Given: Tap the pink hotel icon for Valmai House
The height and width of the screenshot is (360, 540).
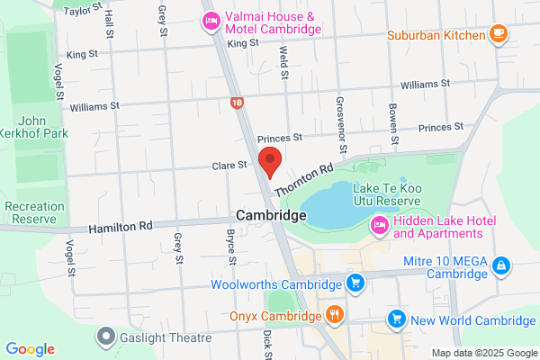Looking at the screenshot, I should [x=211, y=20].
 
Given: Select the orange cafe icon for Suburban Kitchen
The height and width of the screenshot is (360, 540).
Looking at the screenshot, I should [x=498, y=35].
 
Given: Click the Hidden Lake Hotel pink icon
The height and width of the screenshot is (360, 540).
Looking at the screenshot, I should [x=378, y=227].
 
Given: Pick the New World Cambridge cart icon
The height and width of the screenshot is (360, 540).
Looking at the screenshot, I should [x=395, y=319].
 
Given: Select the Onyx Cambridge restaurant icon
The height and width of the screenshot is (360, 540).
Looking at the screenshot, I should [x=335, y=316].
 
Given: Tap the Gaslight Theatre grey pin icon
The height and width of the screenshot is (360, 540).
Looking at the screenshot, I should [x=106, y=337].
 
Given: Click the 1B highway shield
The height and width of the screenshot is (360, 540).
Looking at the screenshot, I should [x=237, y=103].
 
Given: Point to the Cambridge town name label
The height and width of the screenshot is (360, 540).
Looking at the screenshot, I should [x=271, y=217].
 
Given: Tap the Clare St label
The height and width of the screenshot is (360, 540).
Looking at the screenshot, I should [x=229, y=166].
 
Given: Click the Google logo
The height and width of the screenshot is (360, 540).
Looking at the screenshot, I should [x=30, y=349].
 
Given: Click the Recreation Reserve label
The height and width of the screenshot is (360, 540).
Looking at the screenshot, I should [x=34, y=212].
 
